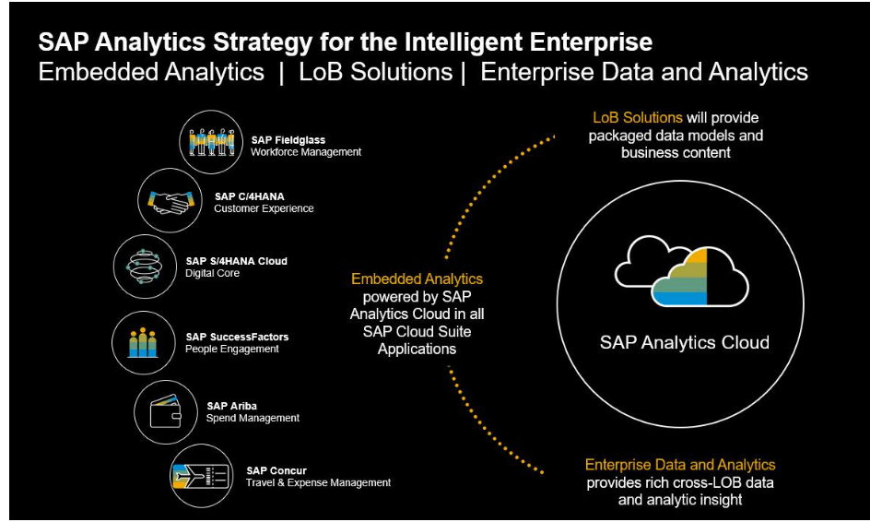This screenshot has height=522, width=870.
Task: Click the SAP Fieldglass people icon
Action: pos(211,142)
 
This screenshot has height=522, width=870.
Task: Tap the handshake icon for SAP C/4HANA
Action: pos(170,201)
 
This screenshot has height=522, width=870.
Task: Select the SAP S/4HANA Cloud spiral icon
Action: pos(145,267)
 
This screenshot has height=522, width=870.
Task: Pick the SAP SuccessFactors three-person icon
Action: pos(143,343)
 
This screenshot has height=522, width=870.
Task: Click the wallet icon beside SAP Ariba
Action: pos(165,411)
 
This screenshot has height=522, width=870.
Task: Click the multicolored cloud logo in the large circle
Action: pos(681,271)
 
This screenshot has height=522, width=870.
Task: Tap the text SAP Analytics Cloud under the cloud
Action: pos(684,342)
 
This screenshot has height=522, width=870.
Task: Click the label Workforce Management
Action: pos(306,152)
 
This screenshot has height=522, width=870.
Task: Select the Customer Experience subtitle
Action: pos(264,208)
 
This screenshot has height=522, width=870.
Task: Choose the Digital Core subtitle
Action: pos(213,273)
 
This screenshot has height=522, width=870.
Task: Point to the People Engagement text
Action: pos(232,350)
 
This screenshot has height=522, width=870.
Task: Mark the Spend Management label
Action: pos(253,418)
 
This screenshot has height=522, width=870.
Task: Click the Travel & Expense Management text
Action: pos(319,483)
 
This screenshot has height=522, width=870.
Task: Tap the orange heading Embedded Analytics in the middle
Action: pos(417,279)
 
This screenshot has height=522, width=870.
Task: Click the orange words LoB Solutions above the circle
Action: pos(638,118)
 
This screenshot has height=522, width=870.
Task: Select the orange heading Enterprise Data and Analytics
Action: pos(680,465)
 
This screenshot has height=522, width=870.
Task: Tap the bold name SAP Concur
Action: pos(276,471)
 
